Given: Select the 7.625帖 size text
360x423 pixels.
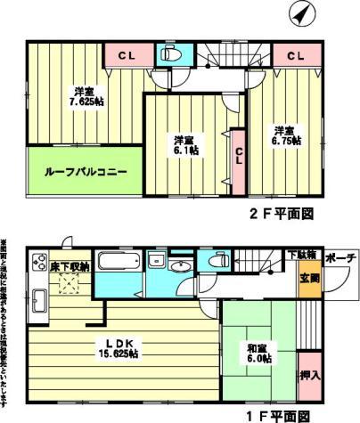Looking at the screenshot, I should click(x=86, y=102).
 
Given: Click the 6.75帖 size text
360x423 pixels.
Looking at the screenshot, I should click(x=286, y=141).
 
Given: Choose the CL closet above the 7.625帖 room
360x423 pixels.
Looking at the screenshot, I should click(x=126, y=55).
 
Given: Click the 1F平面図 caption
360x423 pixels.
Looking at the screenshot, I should click(x=277, y=415).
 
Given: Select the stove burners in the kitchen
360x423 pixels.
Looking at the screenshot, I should click(x=39, y=263).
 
